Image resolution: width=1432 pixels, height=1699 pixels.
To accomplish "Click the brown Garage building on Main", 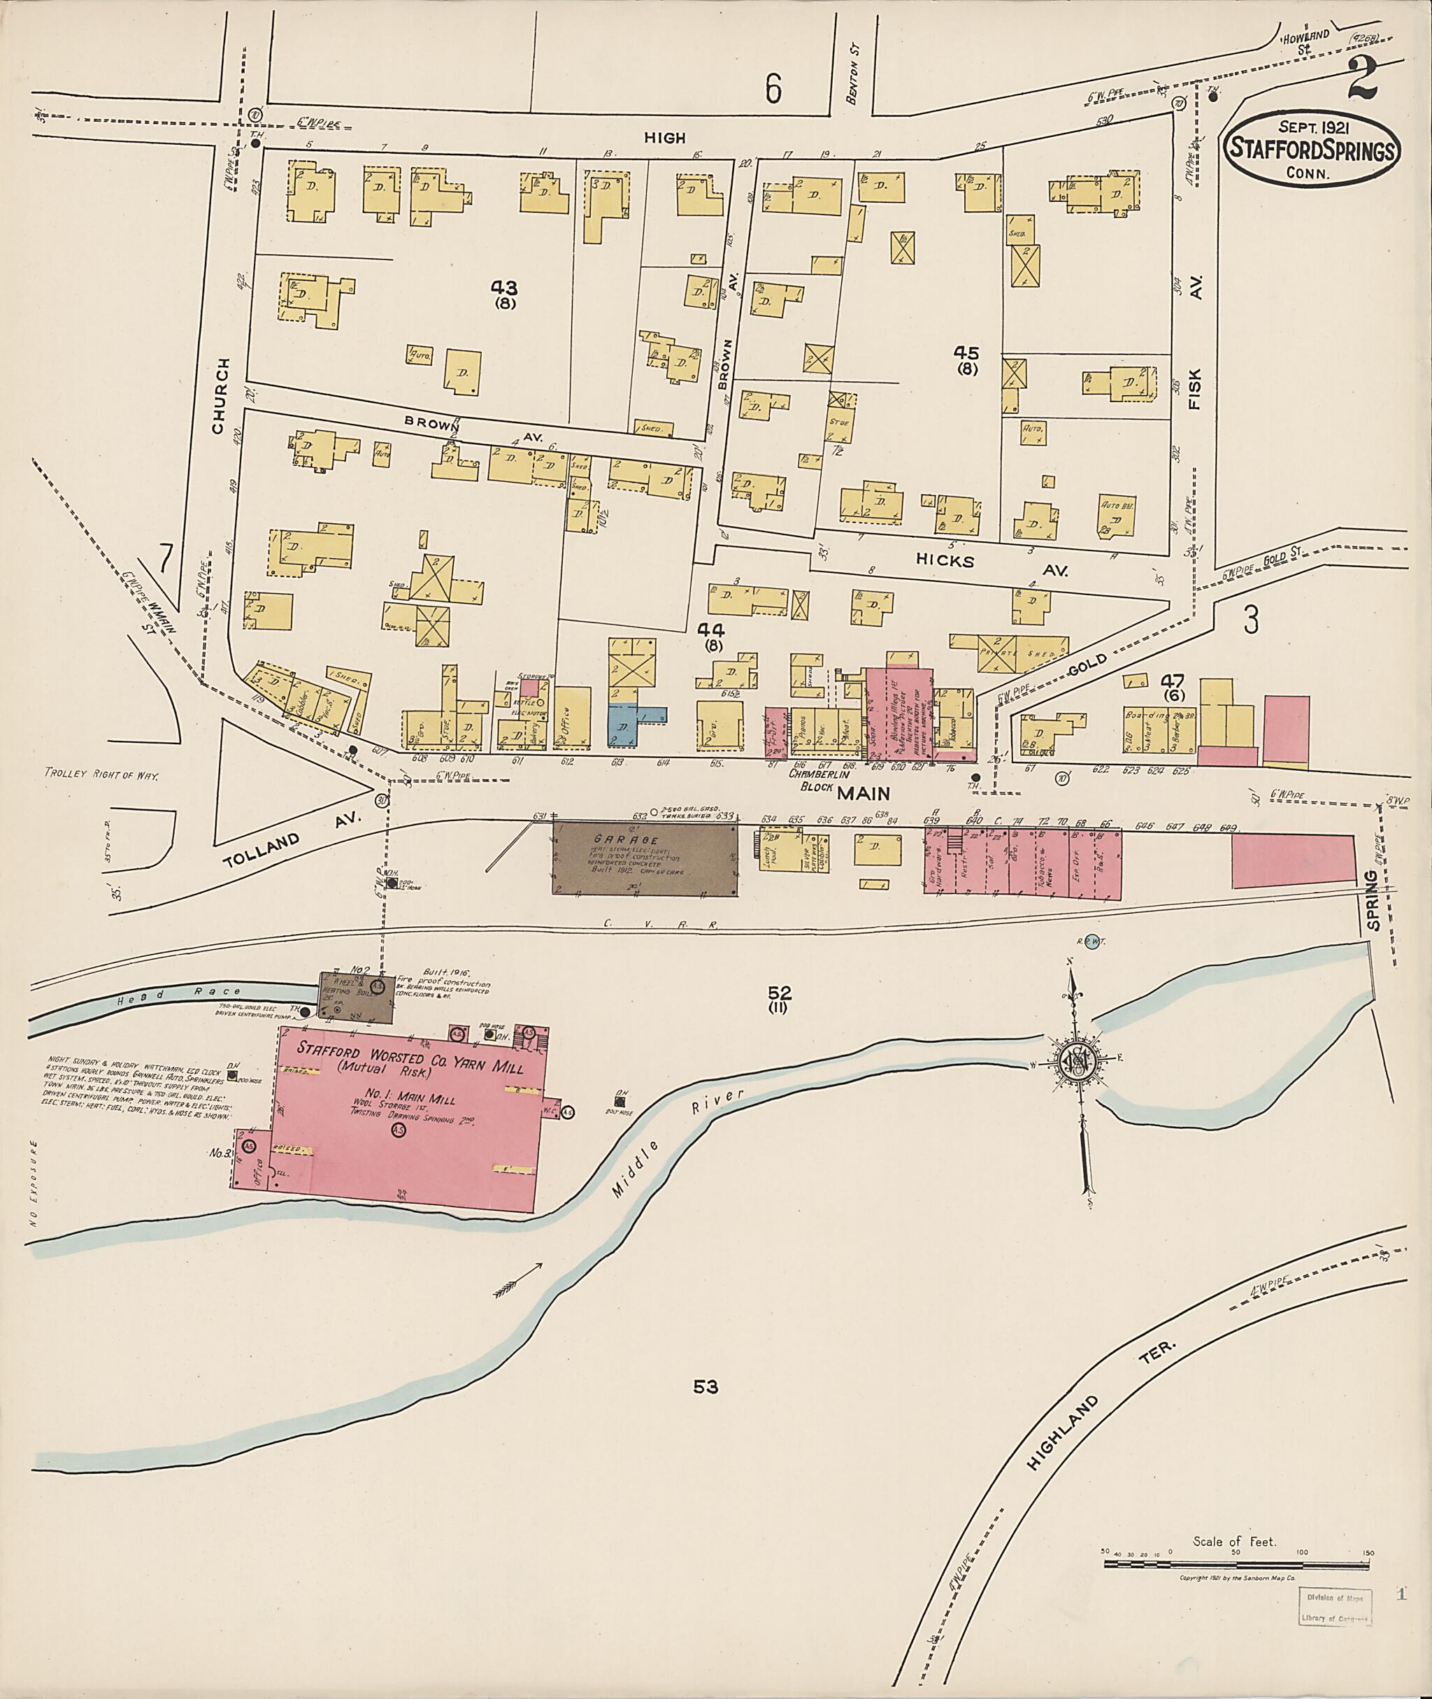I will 645,857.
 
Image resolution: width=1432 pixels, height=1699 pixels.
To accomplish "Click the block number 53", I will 706,1387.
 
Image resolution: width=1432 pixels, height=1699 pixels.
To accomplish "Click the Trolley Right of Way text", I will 102,776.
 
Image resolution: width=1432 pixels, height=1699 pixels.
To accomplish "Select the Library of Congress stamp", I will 1332,1605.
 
